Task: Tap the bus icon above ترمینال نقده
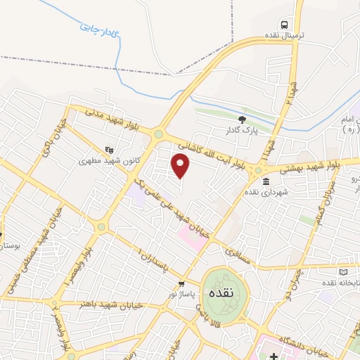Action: click(284, 23)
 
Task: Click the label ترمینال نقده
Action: click(284, 36)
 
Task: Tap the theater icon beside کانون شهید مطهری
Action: click(109, 149)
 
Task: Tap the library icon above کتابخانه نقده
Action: click(343, 271)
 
